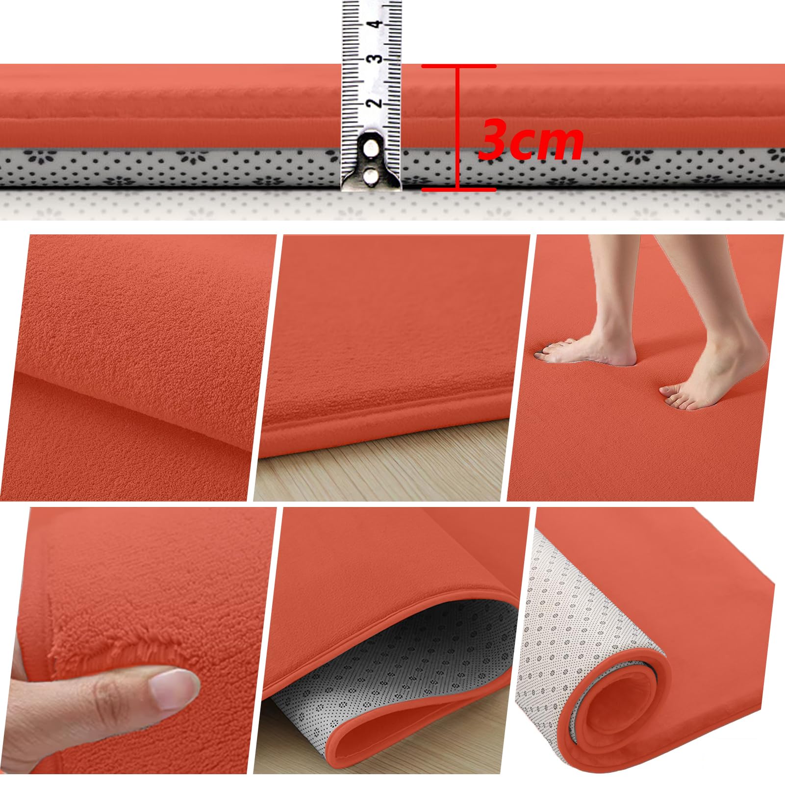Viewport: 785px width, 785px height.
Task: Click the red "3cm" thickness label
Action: pyautogui.click(x=531, y=139)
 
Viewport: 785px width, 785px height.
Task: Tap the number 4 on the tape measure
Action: pyautogui.click(x=377, y=24)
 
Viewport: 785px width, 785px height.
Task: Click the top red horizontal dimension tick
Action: pyautogui.click(x=459, y=66)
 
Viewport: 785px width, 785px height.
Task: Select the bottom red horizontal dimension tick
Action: pyautogui.click(x=459, y=189)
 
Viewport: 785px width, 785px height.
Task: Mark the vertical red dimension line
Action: pyautogui.click(x=458, y=127)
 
